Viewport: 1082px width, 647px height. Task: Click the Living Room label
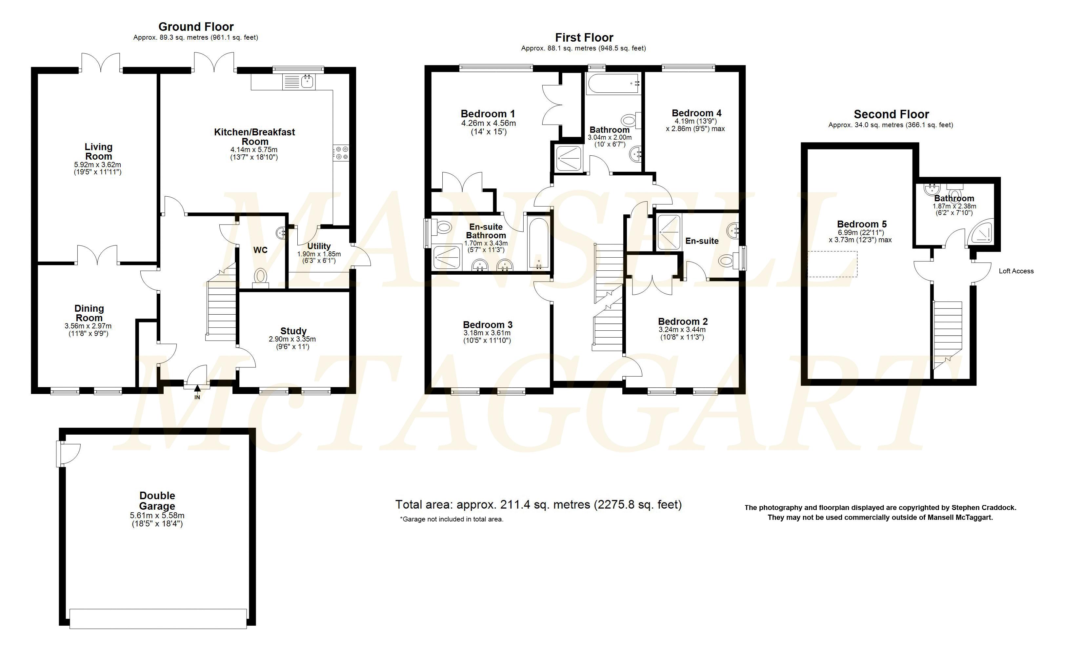(x=99, y=151)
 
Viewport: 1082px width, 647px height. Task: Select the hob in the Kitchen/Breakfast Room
(x=341, y=153)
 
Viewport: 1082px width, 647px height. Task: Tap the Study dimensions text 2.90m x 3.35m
(x=292, y=339)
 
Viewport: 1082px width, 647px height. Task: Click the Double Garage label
(x=157, y=501)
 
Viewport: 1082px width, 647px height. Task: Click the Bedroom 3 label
(x=488, y=325)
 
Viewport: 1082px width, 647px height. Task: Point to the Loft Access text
(x=1016, y=271)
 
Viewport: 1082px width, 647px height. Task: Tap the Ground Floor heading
(x=196, y=27)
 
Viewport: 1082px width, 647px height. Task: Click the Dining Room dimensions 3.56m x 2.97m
(x=88, y=326)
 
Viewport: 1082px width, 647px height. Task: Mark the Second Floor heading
(x=892, y=114)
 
